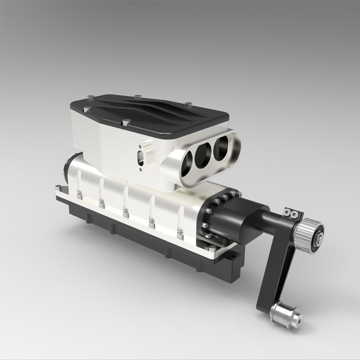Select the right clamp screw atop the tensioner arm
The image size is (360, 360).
pos(295,214)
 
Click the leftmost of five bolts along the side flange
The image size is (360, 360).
pos(79,196)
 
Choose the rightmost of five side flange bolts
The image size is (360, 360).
pos(179,234)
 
